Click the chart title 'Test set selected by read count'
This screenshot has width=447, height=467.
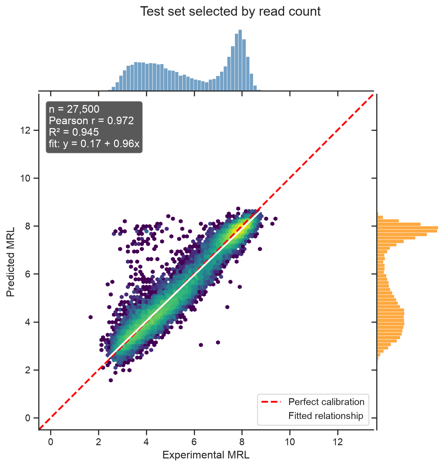point(230,12)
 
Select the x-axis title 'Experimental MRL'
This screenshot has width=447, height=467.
point(206,455)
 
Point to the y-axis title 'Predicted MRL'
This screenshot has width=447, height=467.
point(10,262)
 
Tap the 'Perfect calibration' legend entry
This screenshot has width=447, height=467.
point(326,402)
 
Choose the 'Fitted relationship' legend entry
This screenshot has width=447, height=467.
point(326,416)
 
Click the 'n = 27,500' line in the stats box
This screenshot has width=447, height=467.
point(74,109)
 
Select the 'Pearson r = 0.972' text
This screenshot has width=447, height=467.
point(91,121)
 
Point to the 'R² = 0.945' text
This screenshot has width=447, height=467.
point(74,132)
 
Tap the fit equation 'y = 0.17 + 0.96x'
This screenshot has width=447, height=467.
point(101,144)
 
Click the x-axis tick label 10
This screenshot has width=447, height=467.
point(290,442)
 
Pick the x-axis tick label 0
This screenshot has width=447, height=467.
point(51,442)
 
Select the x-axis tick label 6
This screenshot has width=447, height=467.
point(194,442)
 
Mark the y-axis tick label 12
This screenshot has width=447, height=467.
point(25,130)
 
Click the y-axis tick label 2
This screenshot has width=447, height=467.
point(28,370)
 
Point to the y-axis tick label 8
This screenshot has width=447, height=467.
point(28,226)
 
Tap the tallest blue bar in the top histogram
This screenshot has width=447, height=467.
point(240,60)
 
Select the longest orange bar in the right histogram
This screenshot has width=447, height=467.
point(408,228)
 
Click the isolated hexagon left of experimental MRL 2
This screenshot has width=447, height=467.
point(91,317)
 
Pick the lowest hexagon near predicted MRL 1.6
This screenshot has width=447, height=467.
point(111,380)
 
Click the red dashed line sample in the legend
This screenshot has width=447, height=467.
point(271,402)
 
